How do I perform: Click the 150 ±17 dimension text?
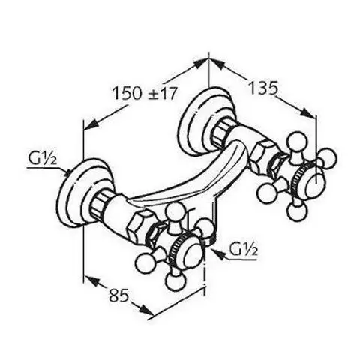pos(145,93)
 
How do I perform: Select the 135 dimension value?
pos(262,88)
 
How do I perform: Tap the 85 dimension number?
pos(118,295)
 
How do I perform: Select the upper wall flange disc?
pos(197,121)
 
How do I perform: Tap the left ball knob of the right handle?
pos(267,193)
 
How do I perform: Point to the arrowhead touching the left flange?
pos(67,173)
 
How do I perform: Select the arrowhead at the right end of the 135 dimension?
pos(307,113)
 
